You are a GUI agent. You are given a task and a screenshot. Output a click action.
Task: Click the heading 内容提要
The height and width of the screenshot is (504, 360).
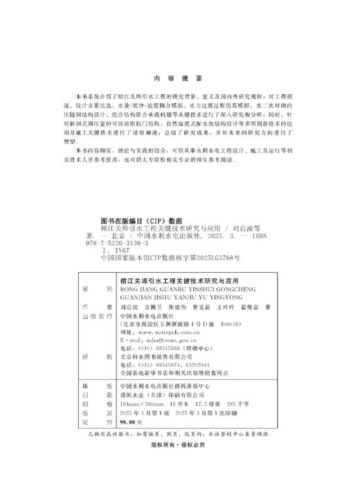pos(179,78)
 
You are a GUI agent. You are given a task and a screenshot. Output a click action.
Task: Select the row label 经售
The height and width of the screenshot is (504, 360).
pos(96,358)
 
